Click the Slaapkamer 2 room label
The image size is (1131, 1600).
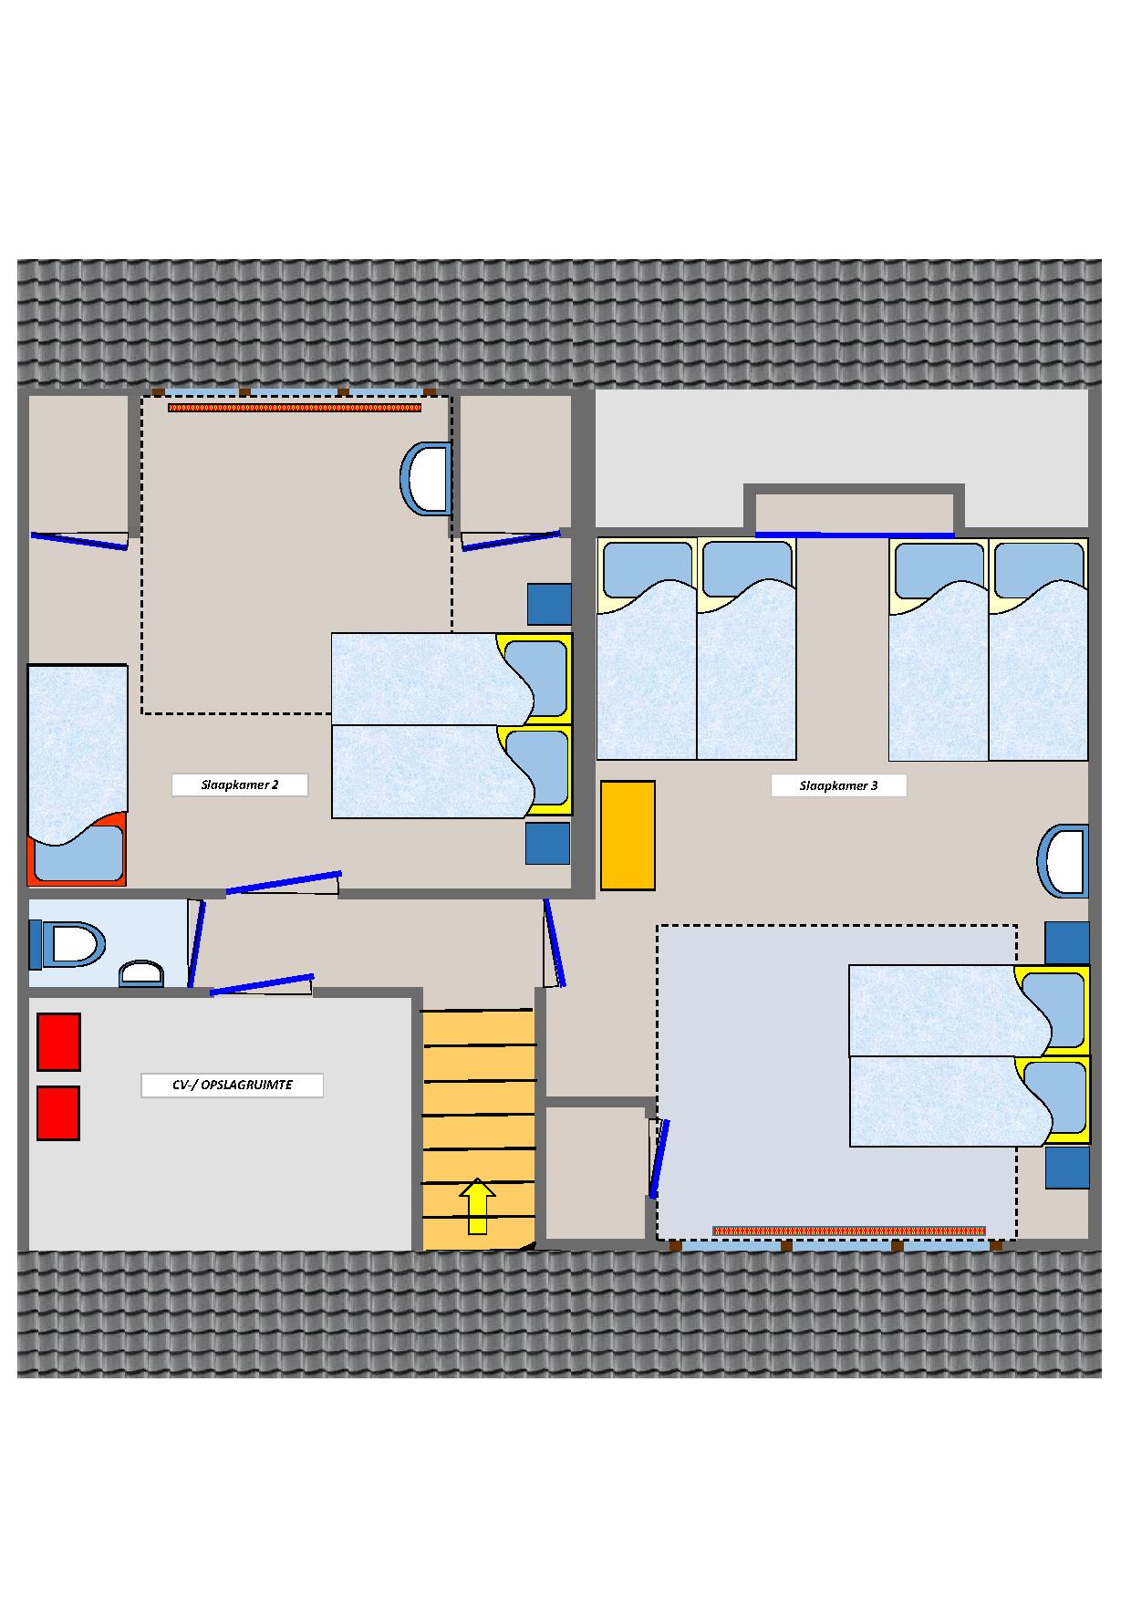[240, 784]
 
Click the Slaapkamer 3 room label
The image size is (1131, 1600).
[838, 785]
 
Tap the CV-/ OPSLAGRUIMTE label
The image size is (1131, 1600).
[232, 1086]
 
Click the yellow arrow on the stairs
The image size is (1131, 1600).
[477, 1206]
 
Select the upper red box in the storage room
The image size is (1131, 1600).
[58, 1042]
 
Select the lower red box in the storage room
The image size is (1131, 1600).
[58, 1113]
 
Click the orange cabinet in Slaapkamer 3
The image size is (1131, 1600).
[628, 836]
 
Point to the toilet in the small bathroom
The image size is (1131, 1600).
[67, 944]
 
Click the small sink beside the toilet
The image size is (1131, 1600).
[141, 973]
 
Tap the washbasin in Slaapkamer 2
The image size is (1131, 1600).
[426, 478]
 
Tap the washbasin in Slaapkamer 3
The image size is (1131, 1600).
[1063, 861]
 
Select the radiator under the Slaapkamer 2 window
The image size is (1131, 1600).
[295, 408]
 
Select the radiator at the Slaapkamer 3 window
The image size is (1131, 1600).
[849, 1231]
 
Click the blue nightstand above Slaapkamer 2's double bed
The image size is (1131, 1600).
[549, 605]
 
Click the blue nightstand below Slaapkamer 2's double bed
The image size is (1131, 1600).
[547, 844]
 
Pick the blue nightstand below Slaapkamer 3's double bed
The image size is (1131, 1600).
[1067, 1168]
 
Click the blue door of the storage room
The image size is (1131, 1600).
[262, 984]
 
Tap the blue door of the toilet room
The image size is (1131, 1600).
[196, 943]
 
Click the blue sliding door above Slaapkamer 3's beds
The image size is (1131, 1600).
[855, 535]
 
